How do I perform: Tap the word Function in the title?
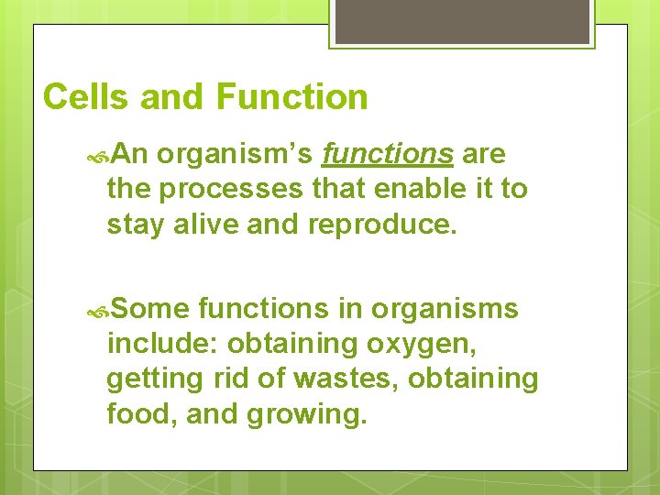[x=292, y=97]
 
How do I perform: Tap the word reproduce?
[x=379, y=225]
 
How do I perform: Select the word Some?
[x=151, y=310]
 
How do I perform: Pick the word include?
[x=161, y=344]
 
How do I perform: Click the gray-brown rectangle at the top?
[x=461, y=21]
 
